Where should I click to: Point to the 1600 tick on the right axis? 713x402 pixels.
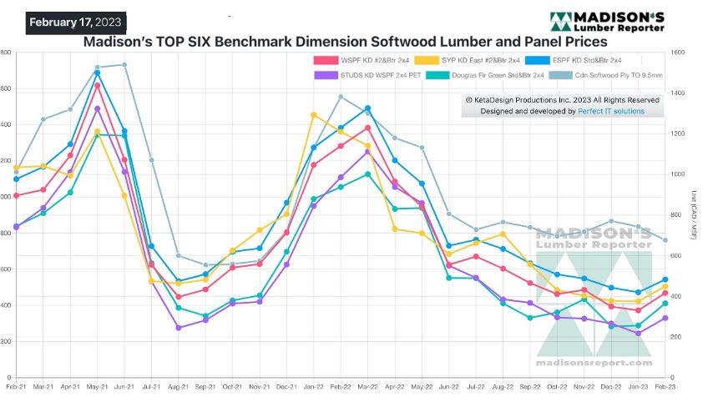678,53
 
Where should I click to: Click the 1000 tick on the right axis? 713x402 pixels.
678,174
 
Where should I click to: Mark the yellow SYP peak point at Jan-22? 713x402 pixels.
313,114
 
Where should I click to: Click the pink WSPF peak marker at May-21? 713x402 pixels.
98,85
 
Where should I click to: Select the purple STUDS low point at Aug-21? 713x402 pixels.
179,328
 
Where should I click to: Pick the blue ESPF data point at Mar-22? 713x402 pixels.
367,108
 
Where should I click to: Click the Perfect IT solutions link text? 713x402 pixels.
610,111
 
